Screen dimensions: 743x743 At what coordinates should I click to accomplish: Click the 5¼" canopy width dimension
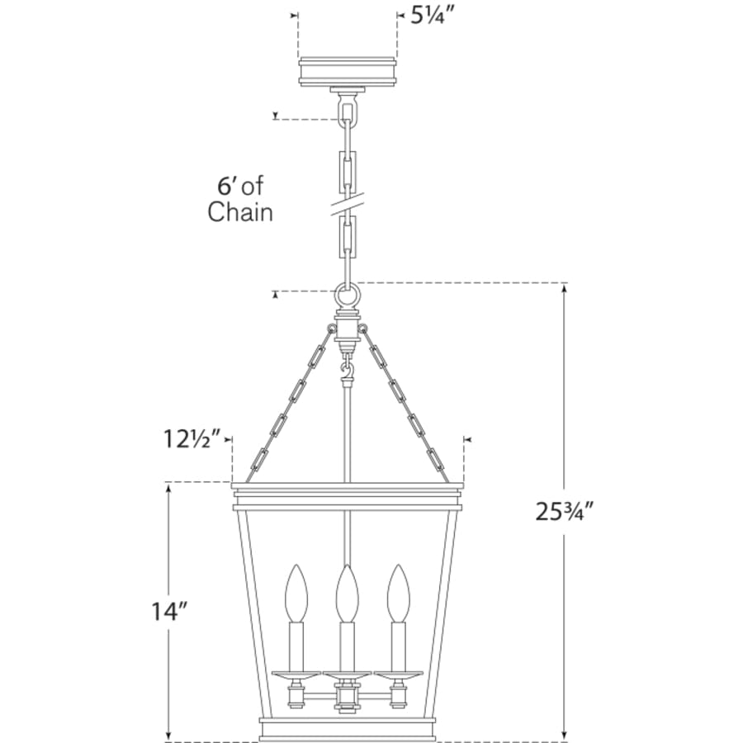pos(428,17)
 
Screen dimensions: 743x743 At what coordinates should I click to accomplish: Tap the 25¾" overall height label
pos(565,511)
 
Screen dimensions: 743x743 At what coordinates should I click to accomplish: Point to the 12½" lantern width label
pos(192,439)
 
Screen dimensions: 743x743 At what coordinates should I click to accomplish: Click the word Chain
pos(240,212)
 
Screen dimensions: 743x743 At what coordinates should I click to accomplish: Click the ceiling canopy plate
pos(348,72)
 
